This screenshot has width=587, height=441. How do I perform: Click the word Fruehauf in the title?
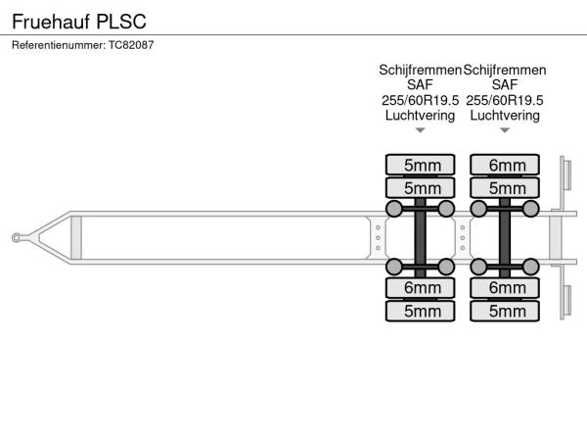point(50,19)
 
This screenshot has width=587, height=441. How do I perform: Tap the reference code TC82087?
point(131,45)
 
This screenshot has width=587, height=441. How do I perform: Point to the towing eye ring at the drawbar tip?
point(18,236)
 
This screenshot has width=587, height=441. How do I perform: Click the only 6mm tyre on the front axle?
point(421,288)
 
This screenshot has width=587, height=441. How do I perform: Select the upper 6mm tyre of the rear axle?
point(505,165)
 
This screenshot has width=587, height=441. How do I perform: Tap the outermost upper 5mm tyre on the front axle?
point(421,165)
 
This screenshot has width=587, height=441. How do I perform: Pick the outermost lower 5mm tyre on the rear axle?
point(505,312)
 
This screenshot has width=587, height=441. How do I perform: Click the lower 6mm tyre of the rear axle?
point(505,288)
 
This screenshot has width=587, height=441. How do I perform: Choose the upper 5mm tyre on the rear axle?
point(505,187)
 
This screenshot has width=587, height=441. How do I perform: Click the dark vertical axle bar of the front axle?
point(421,237)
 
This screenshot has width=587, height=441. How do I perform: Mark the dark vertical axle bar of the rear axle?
point(505,237)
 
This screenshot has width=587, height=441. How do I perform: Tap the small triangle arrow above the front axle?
point(421,130)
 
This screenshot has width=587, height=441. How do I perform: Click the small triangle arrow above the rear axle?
point(505,130)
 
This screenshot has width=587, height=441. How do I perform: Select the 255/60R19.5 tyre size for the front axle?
point(421,100)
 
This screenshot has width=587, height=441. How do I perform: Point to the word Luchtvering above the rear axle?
point(505,115)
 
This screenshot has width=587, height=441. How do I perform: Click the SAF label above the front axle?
point(421,85)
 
